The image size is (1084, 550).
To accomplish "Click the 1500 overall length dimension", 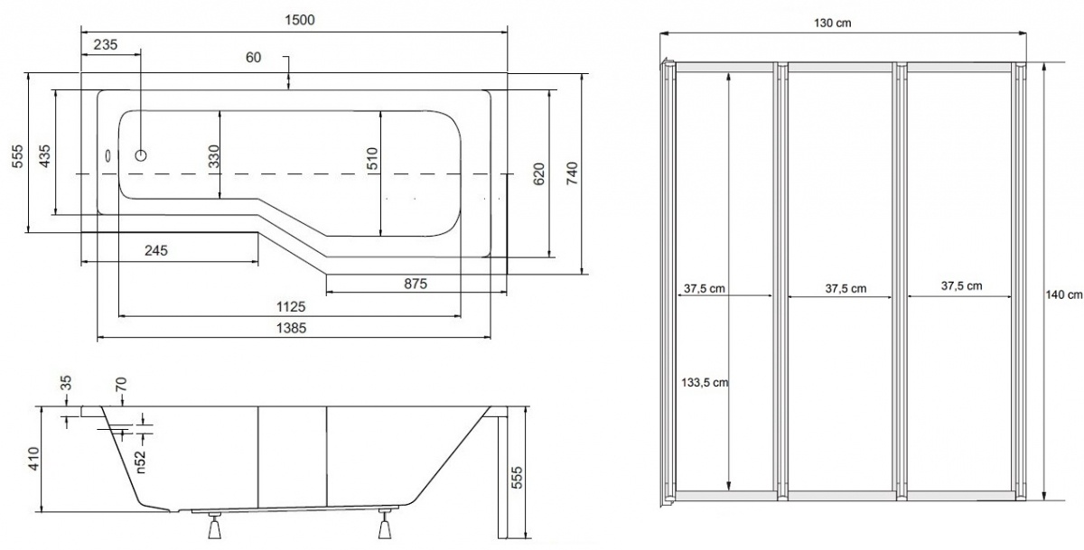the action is pos(300,20).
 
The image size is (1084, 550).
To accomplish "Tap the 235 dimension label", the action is pos(106,44).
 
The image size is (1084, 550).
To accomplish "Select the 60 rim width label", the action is pos(253,57).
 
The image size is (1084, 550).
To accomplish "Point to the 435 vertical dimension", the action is pos(44,155).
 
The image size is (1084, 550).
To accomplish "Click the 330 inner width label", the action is pos(213,156).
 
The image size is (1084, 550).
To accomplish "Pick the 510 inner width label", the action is pos(371,159).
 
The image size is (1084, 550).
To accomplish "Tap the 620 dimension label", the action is pos(538,174).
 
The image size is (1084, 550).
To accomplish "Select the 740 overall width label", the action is pos(572,173).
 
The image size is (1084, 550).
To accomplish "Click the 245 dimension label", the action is pos(155,250).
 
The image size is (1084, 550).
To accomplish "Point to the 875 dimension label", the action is pos(416,284).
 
